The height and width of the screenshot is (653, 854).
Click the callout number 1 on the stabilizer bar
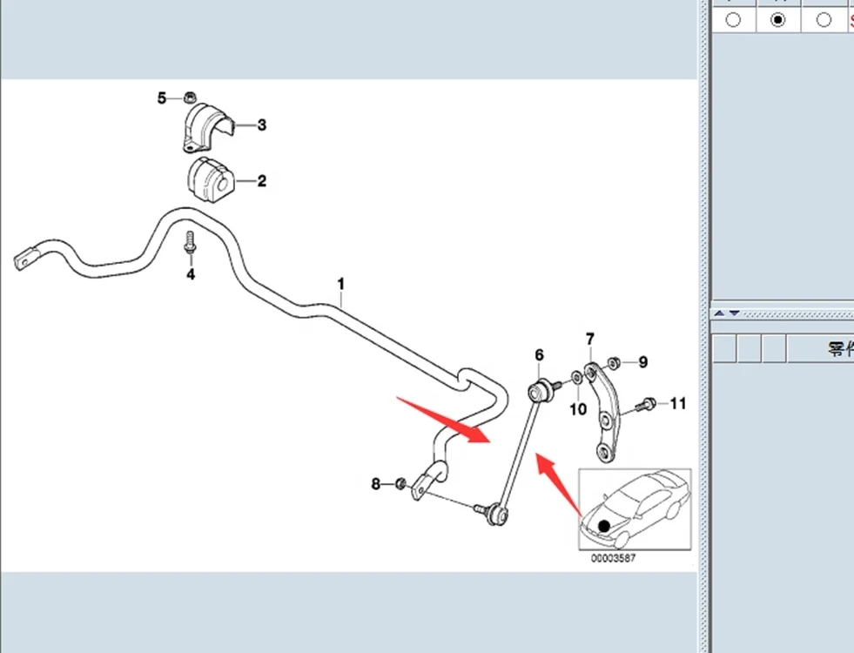[x=341, y=284]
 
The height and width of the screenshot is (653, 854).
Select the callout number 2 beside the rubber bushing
[x=261, y=182]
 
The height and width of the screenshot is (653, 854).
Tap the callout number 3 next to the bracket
[x=261, y=125]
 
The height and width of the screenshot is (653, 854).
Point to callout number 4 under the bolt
[x=190, y=275]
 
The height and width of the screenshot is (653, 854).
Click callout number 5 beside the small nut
[x=162, y=98]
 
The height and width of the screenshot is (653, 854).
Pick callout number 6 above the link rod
[x=539, y=355]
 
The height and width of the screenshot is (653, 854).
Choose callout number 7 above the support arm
[x=589, y=339]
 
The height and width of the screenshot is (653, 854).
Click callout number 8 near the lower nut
[x=376, y=484]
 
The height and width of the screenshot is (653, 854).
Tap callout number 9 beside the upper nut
[x=643, y=362]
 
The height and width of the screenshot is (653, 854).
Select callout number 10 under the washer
[x=578, y=409]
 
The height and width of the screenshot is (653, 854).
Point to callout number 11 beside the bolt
[x=677, y=403]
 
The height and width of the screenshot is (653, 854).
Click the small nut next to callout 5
[x=190, y=97]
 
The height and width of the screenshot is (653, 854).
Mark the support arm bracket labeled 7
[x=604, y=409]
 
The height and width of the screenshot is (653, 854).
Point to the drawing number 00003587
[x=613, y=559]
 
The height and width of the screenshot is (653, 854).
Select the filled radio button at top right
[x=778, y=19]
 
